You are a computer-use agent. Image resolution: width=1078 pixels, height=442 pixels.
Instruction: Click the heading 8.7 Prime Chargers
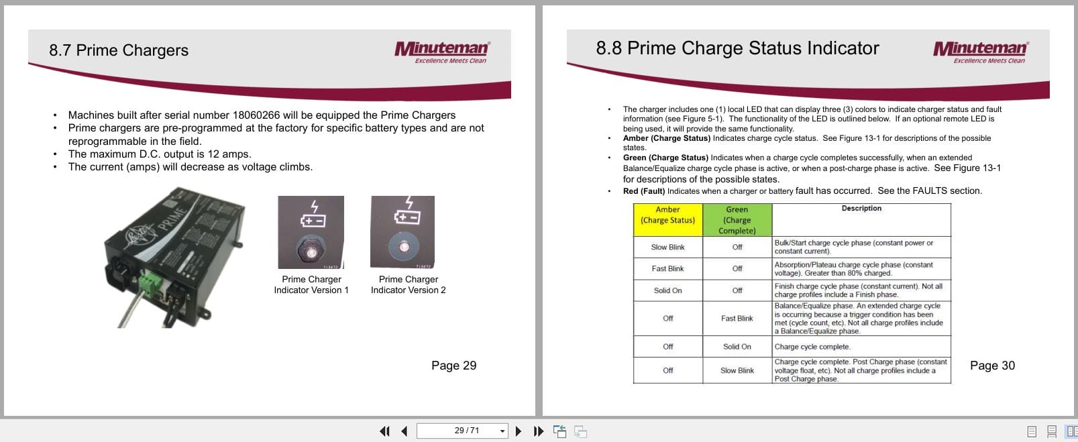(119, 50)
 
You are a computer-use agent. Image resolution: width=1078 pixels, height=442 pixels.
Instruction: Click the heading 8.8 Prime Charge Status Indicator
(737, 48)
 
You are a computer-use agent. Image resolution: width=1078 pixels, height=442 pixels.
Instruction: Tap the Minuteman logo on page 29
(442, 51)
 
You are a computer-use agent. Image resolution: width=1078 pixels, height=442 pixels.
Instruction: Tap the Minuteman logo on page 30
(980, 51)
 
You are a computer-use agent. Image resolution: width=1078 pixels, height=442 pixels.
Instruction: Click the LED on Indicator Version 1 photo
(311, 252)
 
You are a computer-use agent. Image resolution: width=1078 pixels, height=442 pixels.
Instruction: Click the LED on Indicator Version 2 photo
(404, 247)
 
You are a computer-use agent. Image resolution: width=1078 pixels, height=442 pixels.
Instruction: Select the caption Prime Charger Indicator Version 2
(408, 284)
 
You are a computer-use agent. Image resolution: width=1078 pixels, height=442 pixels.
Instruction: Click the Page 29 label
(453, 366)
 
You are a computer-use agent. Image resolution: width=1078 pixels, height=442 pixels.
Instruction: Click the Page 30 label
(992, 366)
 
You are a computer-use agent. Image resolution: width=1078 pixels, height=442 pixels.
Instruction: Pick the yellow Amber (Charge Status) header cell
(667, 219)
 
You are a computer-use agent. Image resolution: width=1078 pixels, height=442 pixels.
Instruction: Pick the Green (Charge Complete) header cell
(737, 220)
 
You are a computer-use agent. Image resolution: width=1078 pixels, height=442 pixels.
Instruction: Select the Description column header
(861, 209)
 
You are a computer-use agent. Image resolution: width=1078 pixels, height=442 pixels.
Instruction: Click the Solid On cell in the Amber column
(667, 290)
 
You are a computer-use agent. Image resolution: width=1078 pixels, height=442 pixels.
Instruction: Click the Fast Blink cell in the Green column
(737, 318)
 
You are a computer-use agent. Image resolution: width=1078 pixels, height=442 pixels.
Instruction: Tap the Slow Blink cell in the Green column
(737, 370)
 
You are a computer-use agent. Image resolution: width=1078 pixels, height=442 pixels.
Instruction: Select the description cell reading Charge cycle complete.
(812, 347)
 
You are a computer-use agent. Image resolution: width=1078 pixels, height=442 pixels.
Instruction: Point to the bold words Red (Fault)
(644, 191)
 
